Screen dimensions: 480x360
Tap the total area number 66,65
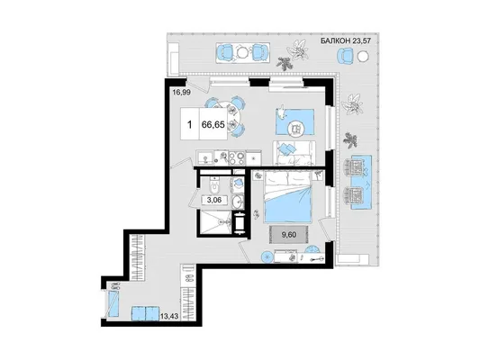[213, 124]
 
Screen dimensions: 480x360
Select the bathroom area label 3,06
[214, 201]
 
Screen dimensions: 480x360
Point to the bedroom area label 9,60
[289, 235]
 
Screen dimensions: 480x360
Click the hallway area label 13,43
[169, 315]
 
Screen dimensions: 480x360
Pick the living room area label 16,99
[181, 92]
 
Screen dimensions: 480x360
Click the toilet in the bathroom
[214, 184]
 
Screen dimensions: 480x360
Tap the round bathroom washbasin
[238, 201]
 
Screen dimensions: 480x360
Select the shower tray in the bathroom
[215, 222]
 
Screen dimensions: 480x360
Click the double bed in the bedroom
[288, 197]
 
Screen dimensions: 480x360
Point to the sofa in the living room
[294, 153]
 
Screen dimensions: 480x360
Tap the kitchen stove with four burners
[236, 157]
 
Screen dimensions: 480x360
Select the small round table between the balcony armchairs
[243, 52]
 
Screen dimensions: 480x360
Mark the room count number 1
[190, 124]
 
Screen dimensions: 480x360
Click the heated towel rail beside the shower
[239, 223]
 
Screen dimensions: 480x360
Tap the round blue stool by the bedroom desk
[267, 256]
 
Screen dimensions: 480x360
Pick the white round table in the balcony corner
[363, 56]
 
